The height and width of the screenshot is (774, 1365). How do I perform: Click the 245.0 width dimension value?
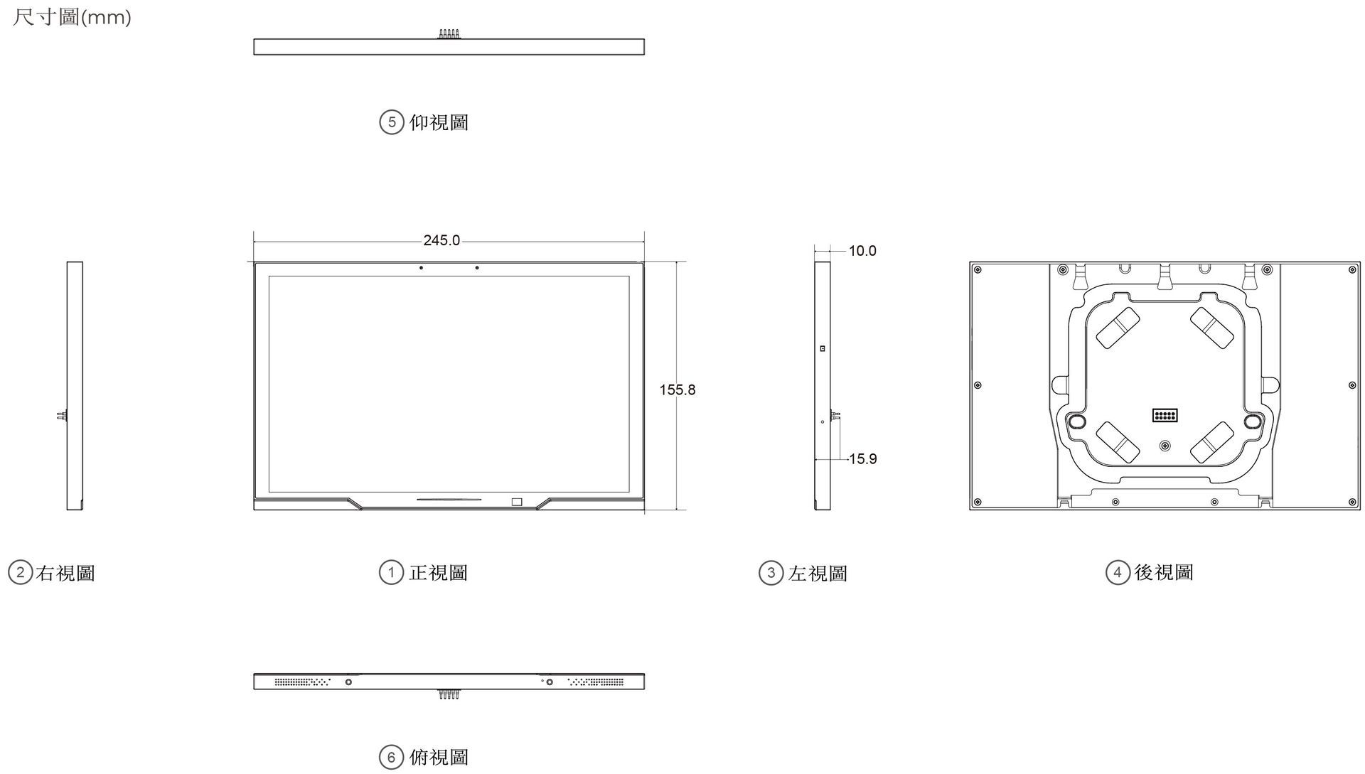click(x=441, y=240)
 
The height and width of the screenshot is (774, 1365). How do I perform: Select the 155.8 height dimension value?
click(x=677, y=389)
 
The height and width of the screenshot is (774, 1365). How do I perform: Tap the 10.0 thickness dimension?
click(x=862, y=251)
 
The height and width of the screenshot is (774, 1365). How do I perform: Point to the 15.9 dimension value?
click(x=862, y=459)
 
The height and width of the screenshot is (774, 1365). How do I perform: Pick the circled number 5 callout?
click(x=391, y=122)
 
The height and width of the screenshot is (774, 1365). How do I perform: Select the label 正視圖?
click(x=439, y=573)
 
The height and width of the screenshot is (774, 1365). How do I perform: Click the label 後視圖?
click(x=1164, y=572)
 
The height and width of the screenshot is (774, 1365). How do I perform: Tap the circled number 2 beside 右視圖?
click(x=20, y=573)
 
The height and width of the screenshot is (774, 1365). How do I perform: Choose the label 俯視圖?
click(x=439, y=758)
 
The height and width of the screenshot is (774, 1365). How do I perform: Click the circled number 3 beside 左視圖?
click(x=771, y=573)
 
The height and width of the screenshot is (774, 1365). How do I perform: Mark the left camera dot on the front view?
click(x=421, y=268)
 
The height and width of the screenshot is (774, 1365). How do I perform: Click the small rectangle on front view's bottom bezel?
click(x=516, y=502)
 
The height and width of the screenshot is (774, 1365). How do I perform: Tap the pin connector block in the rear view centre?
click(x=1165, y=415)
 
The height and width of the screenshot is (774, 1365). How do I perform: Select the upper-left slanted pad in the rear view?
click(x=1118, y=328)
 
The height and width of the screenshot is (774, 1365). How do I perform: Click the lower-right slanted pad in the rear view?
click(x=1211, y=442)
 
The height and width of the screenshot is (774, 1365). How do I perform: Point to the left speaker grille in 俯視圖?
click(x=303, y=682)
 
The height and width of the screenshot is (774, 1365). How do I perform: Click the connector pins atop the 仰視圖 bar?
click(x=449, y=34)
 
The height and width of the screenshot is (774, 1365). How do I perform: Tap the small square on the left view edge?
click(x=823, y=348)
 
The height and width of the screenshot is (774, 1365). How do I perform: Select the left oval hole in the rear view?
click(x=1077, y=421)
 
